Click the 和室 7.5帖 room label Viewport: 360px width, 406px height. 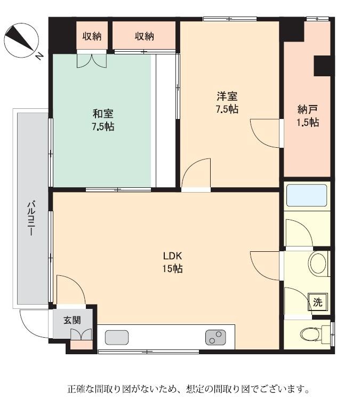pyautogui.click(x=103, y=120)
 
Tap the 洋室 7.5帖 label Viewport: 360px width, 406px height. pyautogui.click(x=227, y=102)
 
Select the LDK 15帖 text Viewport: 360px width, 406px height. pyautogui.click(x=173, y=262)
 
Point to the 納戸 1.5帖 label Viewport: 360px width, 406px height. pyautogui.click(x=307, y=116)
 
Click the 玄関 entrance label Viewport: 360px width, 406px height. pyautogui.click(x=72, y=320)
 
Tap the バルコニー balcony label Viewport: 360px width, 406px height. pyautogui.click(x=31, y=219)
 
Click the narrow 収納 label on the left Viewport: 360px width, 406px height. pyautogui.click(x=92, y=36)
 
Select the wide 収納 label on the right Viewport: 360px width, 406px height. pyautogui.click(x=144, y=36)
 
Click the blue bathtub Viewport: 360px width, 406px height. pyautogui.click(x=307, y=195)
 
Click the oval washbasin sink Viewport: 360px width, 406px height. pyautogui.click(x=317, y=264)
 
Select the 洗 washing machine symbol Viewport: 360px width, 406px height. pyautogui.click(x=317, y=302)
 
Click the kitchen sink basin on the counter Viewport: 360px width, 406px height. pyautogui.click(x=117, y=337)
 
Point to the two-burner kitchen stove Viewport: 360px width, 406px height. pyautogui.click(x=215, y=337)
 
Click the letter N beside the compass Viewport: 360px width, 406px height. pyautogui.click(x=39, y=56)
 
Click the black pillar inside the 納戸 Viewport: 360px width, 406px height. pyautogui.click(x=322, y=66)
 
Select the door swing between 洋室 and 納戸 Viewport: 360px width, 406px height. pyautogui.click(x=265, y=133)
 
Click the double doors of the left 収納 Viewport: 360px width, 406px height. pyautogui.click(x=92, y=61)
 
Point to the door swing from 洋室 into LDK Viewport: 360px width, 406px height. pyautogui.click(x=196, y=173)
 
